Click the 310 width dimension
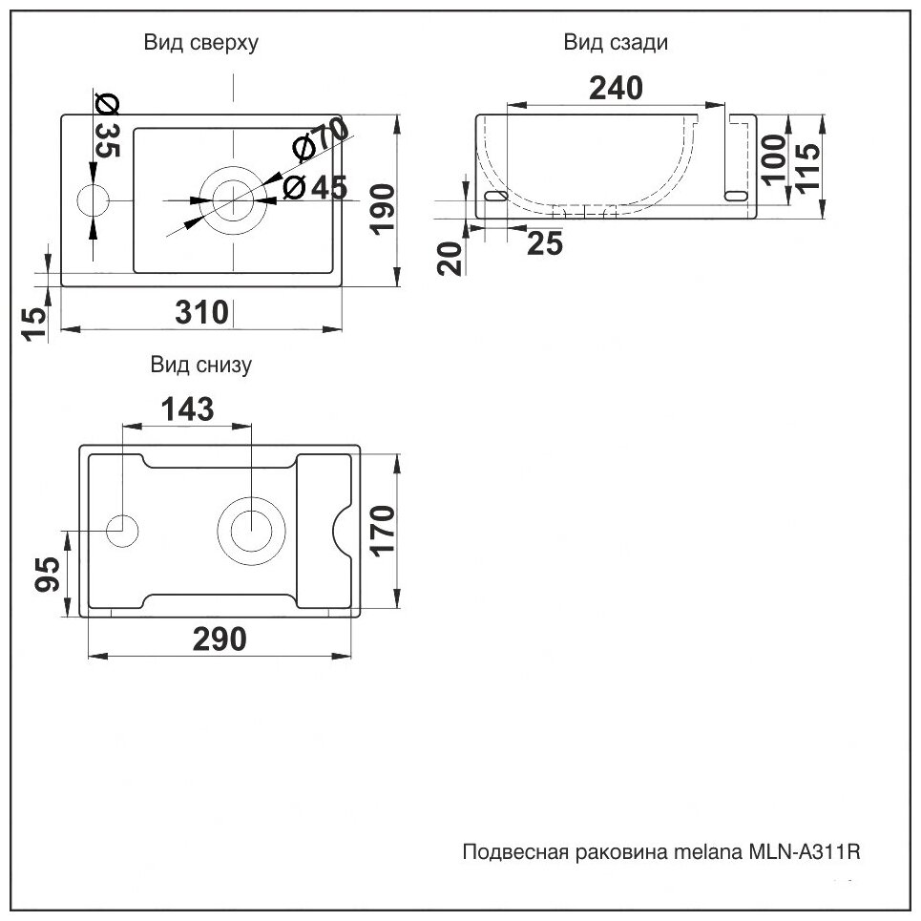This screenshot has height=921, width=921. click(x=200, y=311)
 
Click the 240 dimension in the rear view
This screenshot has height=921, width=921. click(x=616, y=88)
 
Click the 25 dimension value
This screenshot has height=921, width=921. click(x=545, y=245)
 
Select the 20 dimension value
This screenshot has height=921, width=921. click(x=450, y=258)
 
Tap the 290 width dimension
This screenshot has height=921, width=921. click(x=220, y=638)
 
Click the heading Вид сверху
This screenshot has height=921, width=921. click(x=200, y=43)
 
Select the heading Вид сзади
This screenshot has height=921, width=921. click(x=616, y=43)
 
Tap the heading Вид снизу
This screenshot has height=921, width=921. click(x=200, y=365)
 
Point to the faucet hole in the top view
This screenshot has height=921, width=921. click(x=94, y=200)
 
